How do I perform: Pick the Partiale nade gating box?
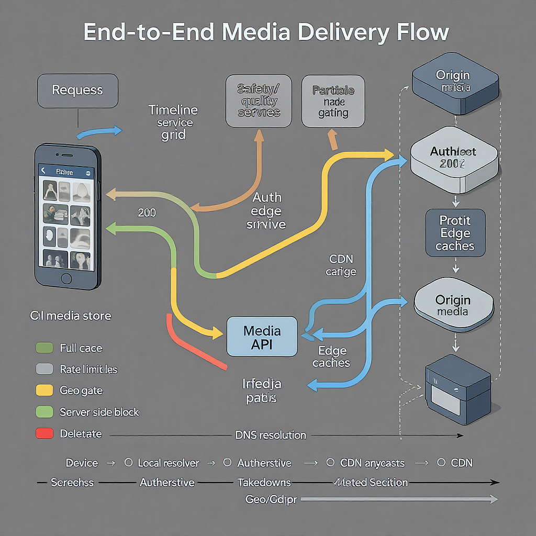click(x=333, y=101)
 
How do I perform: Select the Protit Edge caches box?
click(x=455, y=233)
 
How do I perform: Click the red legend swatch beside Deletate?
click(x=44, y=434)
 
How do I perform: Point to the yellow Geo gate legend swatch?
click(x=44, y=390)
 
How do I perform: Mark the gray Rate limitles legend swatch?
click(x=44, y=369)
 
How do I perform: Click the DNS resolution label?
click(x=271, y=435)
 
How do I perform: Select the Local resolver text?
click(x=169, y=463)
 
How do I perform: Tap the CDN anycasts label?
click(x=372, y=463)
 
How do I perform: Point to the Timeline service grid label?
click(x=173, y=122)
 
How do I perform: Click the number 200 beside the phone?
click(x=147, y=213)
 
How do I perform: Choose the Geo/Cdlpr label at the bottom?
click(x=271, y=499)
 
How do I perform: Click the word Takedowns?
click(x=264, y=483)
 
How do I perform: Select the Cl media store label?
click(x=70, y=316)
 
